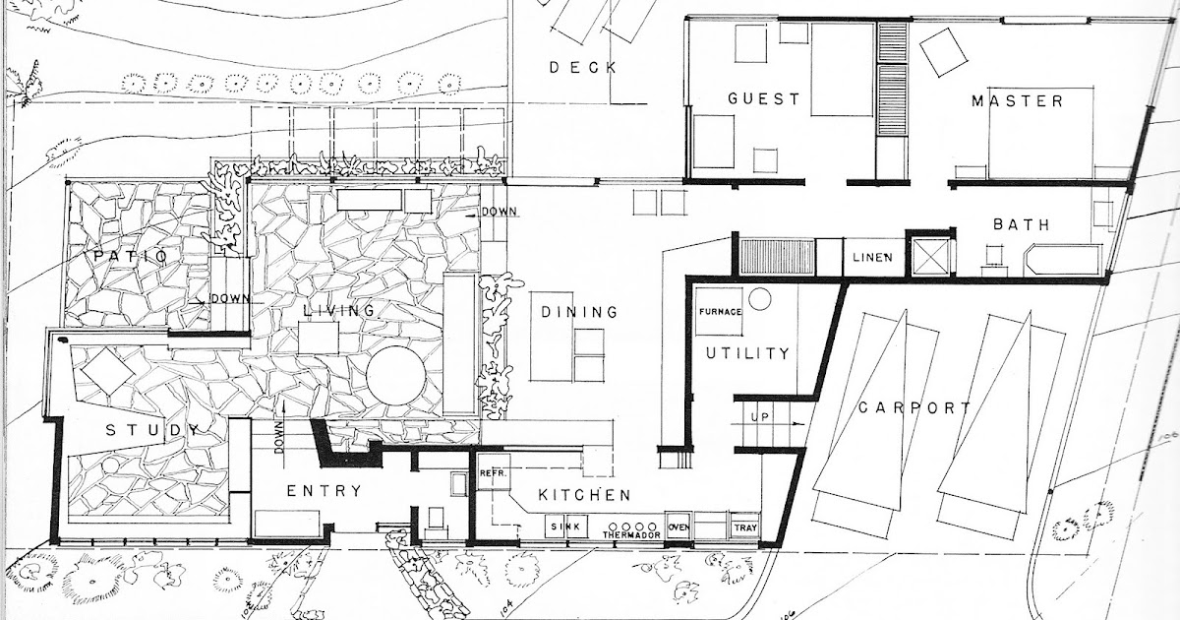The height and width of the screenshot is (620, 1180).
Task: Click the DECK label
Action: pos(583,67)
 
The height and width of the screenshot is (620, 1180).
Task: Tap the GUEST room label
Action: pos(763,99)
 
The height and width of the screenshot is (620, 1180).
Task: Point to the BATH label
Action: pos(1021,224)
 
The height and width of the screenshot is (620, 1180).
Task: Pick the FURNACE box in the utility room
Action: pos(718,312)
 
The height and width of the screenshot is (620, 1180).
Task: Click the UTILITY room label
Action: pos(747,353)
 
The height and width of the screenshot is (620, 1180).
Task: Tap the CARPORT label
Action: pos(914,408)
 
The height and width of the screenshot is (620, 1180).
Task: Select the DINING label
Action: pos(579,313)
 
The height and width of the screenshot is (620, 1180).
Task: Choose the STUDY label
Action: pos(153,429)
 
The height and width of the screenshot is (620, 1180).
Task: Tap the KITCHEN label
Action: pos(584,495)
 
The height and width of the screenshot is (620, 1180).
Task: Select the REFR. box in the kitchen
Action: pos(492,473)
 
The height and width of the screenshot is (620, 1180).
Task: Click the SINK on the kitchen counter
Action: pos(566,527)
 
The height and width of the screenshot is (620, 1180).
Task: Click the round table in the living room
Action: pos(396,375)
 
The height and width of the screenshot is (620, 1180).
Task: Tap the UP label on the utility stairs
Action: pos(761,417)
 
